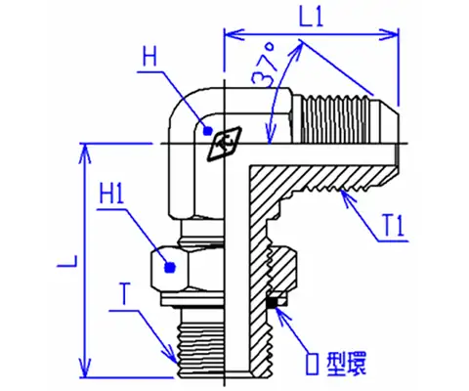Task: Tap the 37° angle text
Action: (x=266, y=66)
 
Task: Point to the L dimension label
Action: (x=67, y=261)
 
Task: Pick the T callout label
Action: (x=124, y=294)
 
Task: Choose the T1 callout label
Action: (x=394, y=226)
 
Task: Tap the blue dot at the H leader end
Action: (x=207, y=131)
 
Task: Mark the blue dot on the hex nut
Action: (x=170, y=268)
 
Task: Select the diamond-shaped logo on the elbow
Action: (x=225, y=144)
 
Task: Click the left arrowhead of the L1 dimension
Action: (x=234, y=34)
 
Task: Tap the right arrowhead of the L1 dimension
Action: (x=389, y=34)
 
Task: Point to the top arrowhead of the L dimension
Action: (x=85, y=153)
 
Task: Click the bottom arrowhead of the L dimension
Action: (x=85, y=368)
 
